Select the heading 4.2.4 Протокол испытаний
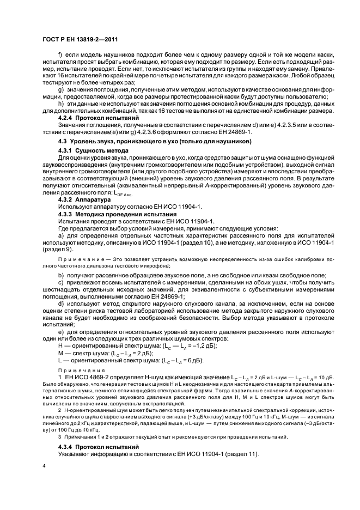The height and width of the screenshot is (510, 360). [91, 118]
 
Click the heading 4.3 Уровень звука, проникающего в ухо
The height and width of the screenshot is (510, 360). [155, 142]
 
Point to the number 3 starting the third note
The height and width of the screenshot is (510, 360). [60, 437]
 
